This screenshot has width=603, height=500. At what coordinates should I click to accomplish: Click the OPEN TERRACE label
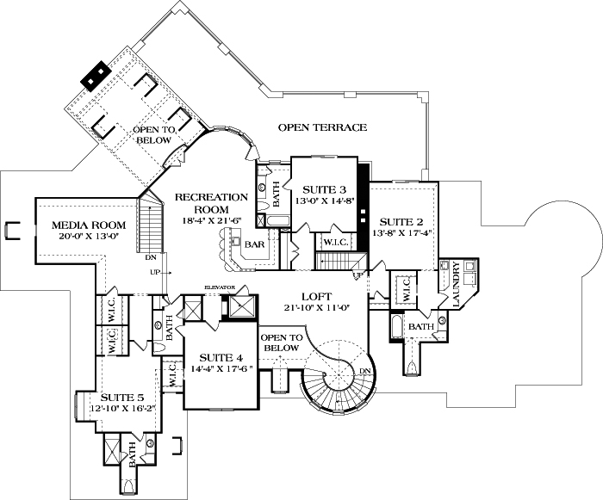tap(322, 127)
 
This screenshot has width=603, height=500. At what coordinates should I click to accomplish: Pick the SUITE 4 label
tap(222, 357)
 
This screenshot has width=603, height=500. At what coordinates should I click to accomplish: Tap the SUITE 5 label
tap(122, 397)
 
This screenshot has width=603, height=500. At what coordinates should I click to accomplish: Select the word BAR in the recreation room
tap(255, 244)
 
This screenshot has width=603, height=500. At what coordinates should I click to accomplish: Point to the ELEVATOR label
tap(220, 287)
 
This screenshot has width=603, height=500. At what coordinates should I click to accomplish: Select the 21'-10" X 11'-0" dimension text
tap(313, 308)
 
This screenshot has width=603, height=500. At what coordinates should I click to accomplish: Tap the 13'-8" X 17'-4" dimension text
tap(403, 232)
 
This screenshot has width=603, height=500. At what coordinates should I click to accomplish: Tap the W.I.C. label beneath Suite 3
tap(334, 243)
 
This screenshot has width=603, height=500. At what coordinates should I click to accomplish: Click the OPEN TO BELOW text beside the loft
tap(280, 342)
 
